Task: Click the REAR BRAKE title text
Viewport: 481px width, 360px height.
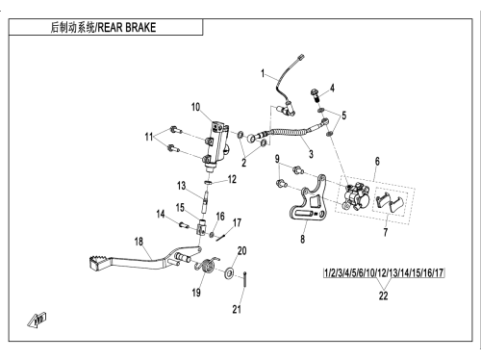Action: click(127, 27)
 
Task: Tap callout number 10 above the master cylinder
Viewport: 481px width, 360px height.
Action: click(195, 107)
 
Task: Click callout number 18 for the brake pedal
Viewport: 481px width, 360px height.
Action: click(139, 242)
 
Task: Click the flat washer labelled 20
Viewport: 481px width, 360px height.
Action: click(229, 272)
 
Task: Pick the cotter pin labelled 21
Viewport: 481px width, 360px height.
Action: click(244, 279)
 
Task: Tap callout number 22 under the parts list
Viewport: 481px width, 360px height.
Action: click(383, 296)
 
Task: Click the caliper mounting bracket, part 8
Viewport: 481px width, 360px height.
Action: click(309, 198)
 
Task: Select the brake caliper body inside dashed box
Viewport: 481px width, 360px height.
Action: click(355, 196)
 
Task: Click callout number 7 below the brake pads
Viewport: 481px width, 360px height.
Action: click(386, 232)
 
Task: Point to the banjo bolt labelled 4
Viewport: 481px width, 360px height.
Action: click(315, 95)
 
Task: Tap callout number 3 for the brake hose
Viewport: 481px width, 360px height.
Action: click(311, 154)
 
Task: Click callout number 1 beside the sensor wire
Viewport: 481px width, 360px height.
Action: click(263, 73)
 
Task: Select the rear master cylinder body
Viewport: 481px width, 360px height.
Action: click(216, 145)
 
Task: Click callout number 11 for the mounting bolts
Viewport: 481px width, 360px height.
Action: click(148, 137)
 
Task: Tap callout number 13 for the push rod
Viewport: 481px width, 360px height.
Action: click(181, 186)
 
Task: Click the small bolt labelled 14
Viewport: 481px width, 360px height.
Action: click(184, 225)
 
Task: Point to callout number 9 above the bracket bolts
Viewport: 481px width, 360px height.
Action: click(277, 159)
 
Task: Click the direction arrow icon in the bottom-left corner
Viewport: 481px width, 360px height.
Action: click(37, 320)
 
